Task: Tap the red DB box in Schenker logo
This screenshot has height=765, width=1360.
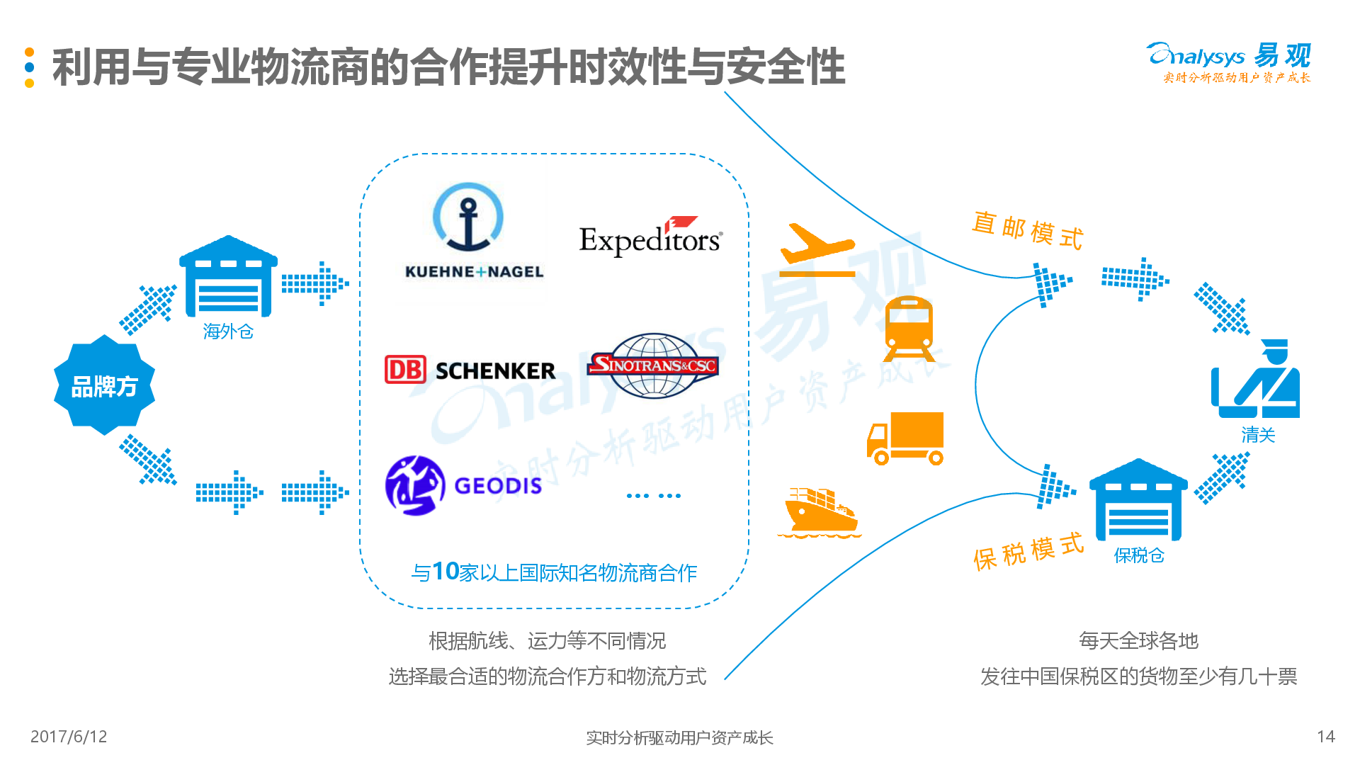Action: click(405, 370)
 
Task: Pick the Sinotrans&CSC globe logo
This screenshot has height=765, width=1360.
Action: click(653, 365)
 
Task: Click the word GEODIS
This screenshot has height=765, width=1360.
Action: click(498, 486)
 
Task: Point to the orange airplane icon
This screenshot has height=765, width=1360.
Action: click(816, 249)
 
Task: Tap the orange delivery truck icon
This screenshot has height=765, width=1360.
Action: click(905, 438)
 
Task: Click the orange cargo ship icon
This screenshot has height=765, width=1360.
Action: click(819, 511)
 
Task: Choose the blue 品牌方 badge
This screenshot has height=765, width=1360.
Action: click(104, 385)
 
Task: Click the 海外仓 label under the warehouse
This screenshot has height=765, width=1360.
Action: click(228, 331)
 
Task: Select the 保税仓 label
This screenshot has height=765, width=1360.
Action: click(1139, 555)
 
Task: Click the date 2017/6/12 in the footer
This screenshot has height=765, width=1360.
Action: click(69, 737)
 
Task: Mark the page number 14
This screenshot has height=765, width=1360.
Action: click(1326, 737)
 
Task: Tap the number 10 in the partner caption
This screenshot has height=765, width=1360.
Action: click(446, 571)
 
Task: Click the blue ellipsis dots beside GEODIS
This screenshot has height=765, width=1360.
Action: click(653, 496)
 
